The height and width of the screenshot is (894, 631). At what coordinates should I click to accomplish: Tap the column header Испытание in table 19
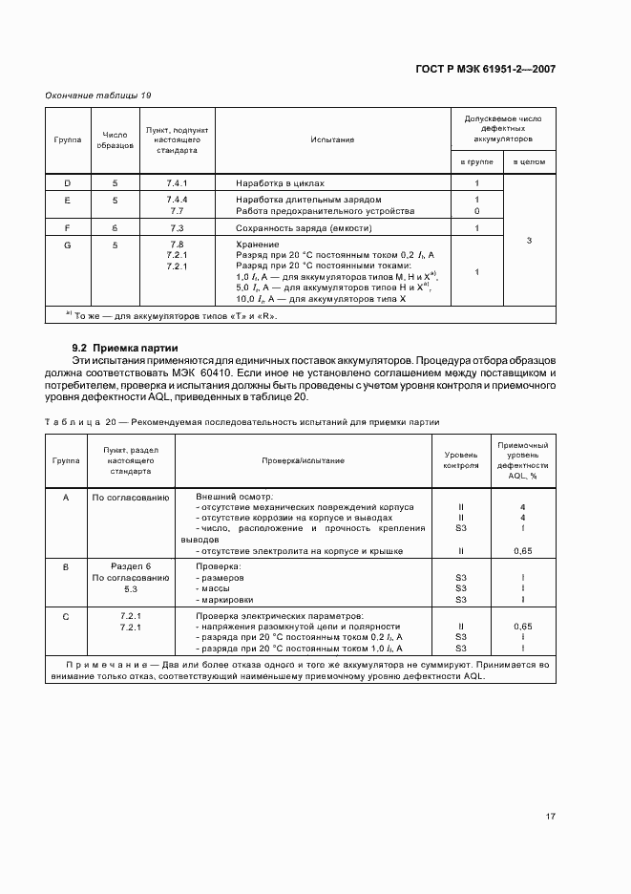click(x=331, y=139)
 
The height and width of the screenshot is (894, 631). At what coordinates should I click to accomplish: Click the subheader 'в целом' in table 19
click(x=528, y=162)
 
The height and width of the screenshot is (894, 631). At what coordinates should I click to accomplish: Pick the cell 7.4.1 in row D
click(x=177, y=181)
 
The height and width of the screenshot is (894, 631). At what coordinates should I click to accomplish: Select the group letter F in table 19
click(x=67, y=229)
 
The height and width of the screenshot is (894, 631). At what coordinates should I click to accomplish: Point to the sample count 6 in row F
click(x=115, y=229)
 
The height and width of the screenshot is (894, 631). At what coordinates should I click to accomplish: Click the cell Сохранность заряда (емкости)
click(x=304, y=229)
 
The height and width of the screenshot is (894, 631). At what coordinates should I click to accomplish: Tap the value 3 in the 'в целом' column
click(x=528, y=241)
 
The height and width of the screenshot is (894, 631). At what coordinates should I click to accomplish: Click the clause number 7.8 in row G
click(x=177, y=245)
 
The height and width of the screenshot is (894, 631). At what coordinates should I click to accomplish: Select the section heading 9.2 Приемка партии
click(x=118, y=347)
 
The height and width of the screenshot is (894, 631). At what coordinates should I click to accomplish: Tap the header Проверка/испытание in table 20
click(x=302, y=460)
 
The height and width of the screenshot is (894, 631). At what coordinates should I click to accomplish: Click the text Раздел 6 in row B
click(x=130, y=567)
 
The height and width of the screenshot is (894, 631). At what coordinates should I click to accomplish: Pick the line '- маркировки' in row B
click(x=226, y=600)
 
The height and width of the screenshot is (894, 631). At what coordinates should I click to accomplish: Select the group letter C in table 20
click(x=66, y=616)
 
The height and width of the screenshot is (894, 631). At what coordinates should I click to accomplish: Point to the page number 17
click(x=551, y=816)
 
